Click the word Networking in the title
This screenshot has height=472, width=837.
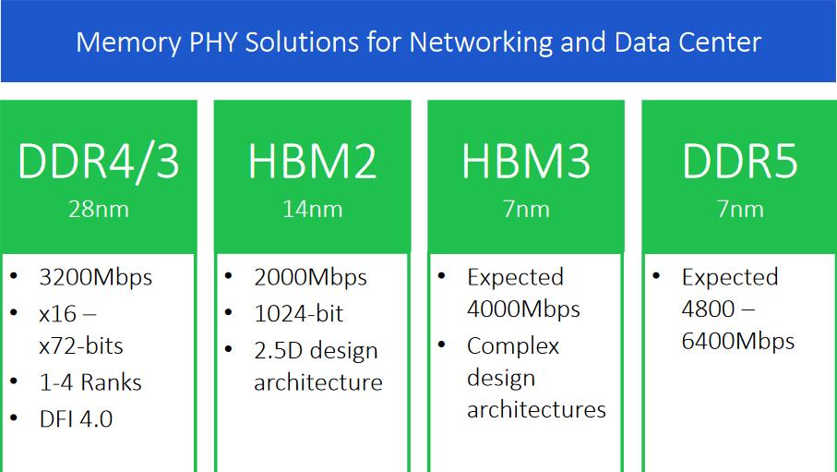(x=481, y=42)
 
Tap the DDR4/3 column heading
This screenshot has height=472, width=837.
(x=99, y=163)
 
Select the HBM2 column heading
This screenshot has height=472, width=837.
(x=312, y=162)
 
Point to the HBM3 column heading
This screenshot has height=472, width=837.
(x=526, y=162)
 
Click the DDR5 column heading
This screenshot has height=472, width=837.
(x=740, y=162)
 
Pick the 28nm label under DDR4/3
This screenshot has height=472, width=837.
(x=99, y=209)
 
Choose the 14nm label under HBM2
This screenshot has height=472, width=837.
(x=312, y=209)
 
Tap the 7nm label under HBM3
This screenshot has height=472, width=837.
(x=526, y=209)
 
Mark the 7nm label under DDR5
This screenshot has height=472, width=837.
(x=740, y=209)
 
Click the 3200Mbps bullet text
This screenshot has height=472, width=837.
(x=96, y=278)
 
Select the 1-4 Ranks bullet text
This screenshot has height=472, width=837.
(x=90, y=382)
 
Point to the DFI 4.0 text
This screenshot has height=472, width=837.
(x=76, y=419)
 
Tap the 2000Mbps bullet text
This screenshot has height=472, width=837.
(x=310, y=278)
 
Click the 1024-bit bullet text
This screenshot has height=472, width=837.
(x=298, y=314)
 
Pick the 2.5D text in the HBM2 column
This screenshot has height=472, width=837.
(x=279, y=351)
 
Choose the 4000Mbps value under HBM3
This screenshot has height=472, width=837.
(x=523, y=309)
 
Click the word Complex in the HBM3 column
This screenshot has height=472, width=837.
(x=513, y=346)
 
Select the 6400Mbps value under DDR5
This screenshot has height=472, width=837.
(x=737, y=342)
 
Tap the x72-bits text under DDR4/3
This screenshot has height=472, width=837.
(x=81, y=346)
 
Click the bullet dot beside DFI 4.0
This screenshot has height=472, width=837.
(x=14, y=418)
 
